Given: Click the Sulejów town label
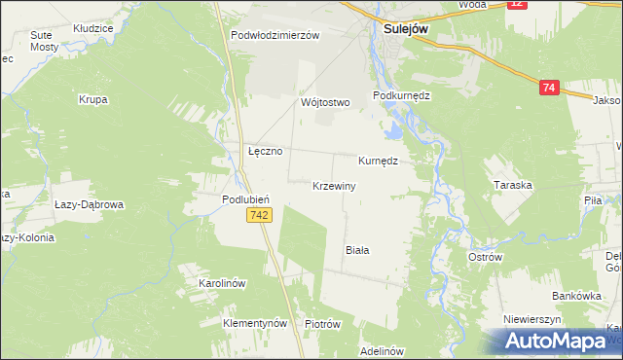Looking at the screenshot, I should tap(399, 29).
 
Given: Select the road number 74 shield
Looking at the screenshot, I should tap(549, 88).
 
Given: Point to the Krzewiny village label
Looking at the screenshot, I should tap(334, 185).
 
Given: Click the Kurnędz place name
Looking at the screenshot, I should tap(379, 160).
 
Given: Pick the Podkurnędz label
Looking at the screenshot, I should tap(402, 96).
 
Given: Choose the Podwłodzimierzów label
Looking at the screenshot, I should tap(275, 35).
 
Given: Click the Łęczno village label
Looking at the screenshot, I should tap(265, 152).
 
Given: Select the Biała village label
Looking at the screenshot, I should tap(357, 250).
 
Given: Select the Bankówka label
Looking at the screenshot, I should tap(567, 295).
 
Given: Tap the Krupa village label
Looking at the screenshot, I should tap(93, 99).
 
